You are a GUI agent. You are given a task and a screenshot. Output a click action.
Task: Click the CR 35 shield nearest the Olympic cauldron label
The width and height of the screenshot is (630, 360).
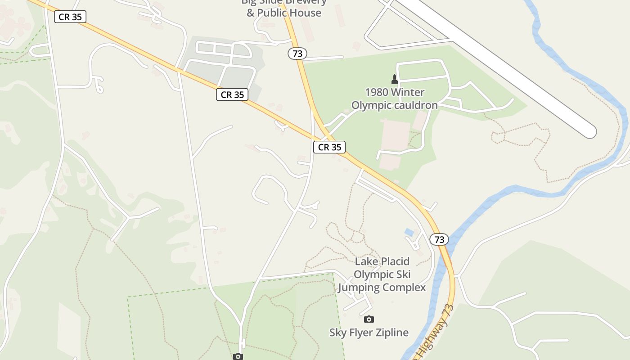point(329,147)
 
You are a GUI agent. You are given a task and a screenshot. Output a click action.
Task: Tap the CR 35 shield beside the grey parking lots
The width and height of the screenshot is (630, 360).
point(232,94)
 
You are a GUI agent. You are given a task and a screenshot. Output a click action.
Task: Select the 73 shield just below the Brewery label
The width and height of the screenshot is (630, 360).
point(297,54)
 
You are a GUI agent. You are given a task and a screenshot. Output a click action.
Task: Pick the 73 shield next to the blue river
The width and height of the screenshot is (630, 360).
point(439,239)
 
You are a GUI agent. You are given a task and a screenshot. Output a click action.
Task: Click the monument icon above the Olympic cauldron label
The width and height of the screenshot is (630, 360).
point(395,79)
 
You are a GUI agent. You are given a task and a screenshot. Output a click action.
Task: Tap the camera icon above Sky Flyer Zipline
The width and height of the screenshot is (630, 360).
point(369,319)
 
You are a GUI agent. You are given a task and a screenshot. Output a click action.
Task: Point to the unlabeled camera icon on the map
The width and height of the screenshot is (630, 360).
point(238,356)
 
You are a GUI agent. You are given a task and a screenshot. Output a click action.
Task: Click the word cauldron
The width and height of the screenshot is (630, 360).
point(416,105)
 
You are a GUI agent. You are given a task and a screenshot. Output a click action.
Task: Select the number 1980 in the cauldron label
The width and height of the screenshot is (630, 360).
point(377,92)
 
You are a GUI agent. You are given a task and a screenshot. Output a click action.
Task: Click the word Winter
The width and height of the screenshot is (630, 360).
point(408,92)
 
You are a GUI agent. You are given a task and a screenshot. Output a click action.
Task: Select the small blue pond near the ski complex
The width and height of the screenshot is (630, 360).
point(409,232)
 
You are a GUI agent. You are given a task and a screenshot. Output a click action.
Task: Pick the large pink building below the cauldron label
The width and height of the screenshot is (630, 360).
point(395,135)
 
